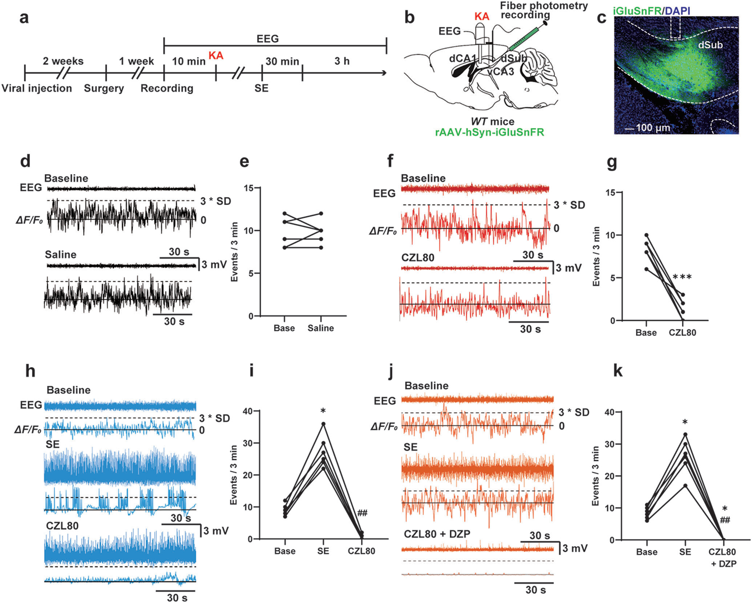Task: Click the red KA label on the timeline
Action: pyautogui.click(x=216, y=56)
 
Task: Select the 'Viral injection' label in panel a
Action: pyautogui.click(x=37, y=88)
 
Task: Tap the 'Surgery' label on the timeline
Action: pyautogui.click(x=104, y=88)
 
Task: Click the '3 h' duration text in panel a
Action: pyautogui.click(x=342, y=61)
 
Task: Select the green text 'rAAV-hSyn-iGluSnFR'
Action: pyautogui.click(x=490, y=132)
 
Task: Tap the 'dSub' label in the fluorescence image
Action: pyautogui.click(x=710, y=45)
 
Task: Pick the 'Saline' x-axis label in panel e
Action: pyautogui.click(x=320, y=328)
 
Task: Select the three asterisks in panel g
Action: pyautogui.click(x=682, y=278)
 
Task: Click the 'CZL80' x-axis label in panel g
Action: pyautogui.click(x=682, y=333)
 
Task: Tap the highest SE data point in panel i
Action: pyautogui.click(x=323, y=424)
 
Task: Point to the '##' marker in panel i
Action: pyautogui.click(x=362, y=513)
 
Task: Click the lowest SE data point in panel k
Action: pyautogui.click(x=685, y=485)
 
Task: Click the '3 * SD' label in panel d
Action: pyautogui.click(x=215, y=201)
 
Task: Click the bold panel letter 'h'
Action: pyautogui.click(x=31, y=371)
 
